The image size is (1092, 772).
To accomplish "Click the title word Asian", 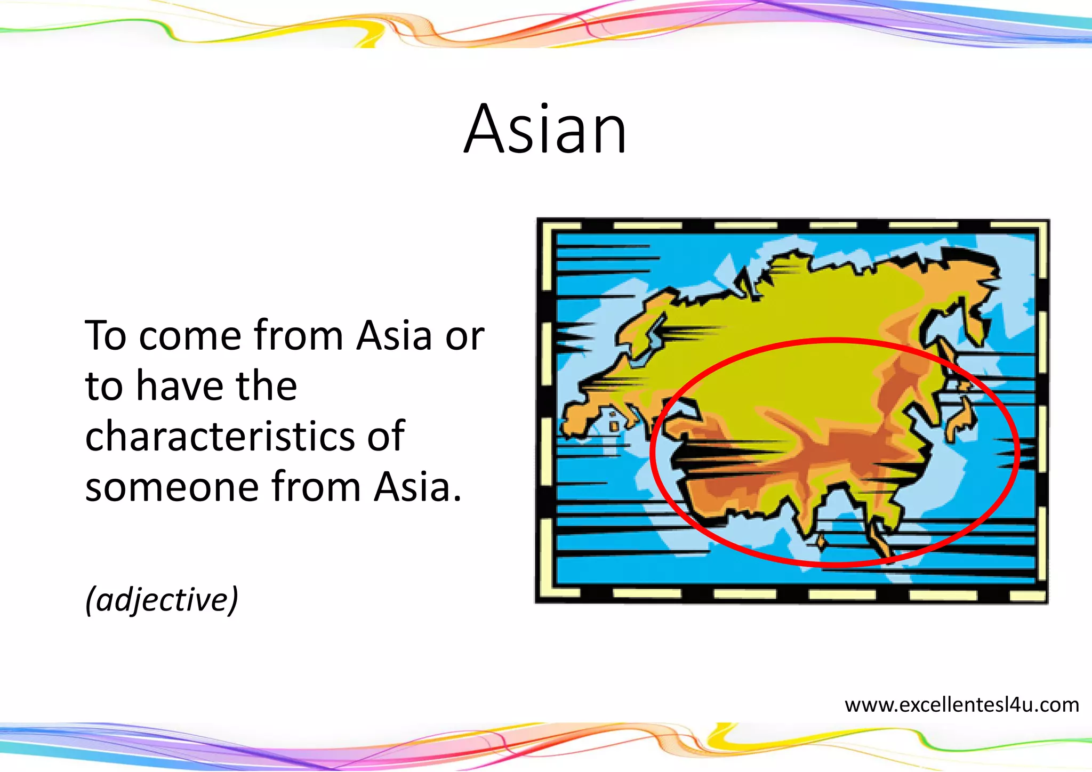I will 545,130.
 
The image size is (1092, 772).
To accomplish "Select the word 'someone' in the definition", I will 171,487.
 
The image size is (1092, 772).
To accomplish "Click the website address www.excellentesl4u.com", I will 961,705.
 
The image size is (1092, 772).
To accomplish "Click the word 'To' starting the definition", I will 105,336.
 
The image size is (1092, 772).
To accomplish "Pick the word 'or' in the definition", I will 465,337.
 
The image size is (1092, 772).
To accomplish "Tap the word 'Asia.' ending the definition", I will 417,487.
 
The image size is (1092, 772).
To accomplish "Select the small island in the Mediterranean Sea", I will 615,426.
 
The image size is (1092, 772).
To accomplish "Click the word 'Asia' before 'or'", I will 394,336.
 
